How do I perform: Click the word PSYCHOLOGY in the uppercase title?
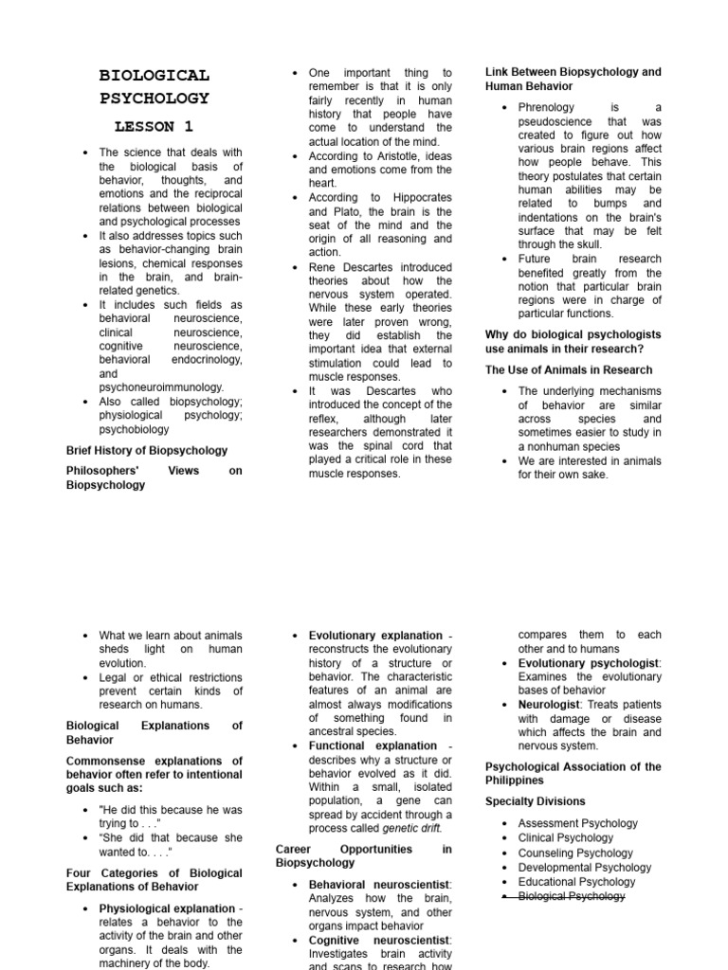155,98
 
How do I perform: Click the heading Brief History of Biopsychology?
147,450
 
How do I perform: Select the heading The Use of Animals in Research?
569,370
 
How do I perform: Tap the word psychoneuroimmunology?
161,387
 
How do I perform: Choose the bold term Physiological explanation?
167,908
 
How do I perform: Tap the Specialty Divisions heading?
535,801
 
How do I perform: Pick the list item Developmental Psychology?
585,867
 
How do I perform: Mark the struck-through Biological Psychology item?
572,896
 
